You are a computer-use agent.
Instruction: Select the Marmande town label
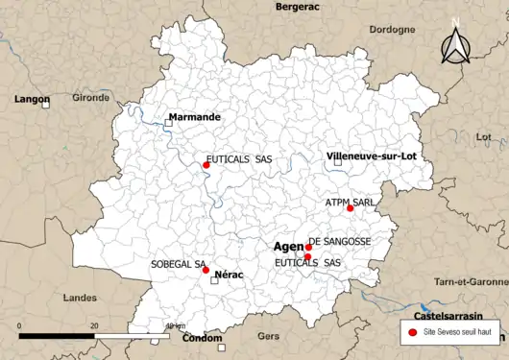pos(195,117)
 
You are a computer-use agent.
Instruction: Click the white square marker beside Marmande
pos(168,123)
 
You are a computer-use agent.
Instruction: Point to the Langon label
pos(32,99)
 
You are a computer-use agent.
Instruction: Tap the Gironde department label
pos(91,98)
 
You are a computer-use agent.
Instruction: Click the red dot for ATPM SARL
pos(350,208)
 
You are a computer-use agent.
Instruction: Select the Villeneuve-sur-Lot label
pos(375,156)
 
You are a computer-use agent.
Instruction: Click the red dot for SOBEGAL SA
pos(206,270)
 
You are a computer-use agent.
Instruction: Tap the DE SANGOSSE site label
pos(339,242)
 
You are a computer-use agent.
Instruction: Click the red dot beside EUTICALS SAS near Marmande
pos(206,165)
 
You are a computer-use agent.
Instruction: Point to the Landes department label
pos(80,299)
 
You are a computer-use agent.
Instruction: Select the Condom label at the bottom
pos(203,338)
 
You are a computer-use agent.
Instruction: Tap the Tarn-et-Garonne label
pos(471,282)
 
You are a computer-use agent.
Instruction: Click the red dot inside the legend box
pos(412,331)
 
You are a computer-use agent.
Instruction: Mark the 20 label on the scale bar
pos(94,326)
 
